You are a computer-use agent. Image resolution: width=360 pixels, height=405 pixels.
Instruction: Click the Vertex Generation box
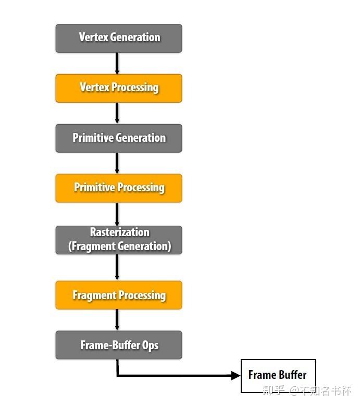pos(119,38)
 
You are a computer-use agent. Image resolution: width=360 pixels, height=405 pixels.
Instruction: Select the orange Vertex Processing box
pos(119,88)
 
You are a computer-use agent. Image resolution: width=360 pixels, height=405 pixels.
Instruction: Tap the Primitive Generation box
pos(119,138)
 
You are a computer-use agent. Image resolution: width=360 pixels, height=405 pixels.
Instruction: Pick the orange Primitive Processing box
pos(119,188)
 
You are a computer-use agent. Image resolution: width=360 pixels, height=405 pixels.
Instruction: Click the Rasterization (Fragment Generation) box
pos(119,240)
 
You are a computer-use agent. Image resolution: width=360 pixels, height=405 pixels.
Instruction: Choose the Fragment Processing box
pos(119,295)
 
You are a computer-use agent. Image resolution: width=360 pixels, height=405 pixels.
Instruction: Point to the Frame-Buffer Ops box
pos(119,345)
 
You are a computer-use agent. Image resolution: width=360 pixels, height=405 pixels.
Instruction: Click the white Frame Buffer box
pos(278,375)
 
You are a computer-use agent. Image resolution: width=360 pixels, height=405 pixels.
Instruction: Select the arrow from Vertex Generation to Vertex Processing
pos(117,63)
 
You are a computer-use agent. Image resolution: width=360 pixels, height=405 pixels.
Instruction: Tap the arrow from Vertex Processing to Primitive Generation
pos(117,113)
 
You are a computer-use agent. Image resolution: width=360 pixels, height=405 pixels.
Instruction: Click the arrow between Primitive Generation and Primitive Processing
pos(117,163)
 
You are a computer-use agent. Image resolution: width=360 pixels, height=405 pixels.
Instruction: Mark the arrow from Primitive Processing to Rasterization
pos(117,214)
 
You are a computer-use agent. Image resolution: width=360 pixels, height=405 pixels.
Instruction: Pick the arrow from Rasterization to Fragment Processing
pos(117,267)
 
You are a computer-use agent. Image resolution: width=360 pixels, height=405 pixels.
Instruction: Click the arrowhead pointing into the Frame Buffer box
pos(235,375)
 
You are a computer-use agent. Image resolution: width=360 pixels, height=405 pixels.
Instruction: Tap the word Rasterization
pos(119,232)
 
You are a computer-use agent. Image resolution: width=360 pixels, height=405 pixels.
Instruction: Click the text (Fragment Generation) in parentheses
pos(119,246)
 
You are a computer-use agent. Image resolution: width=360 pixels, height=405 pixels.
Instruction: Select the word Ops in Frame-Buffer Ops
pos(150,346)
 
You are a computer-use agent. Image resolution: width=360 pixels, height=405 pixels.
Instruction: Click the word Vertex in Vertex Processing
pos(93,87)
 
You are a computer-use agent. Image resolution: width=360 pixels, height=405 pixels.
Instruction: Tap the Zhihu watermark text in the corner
pos(307,390)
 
